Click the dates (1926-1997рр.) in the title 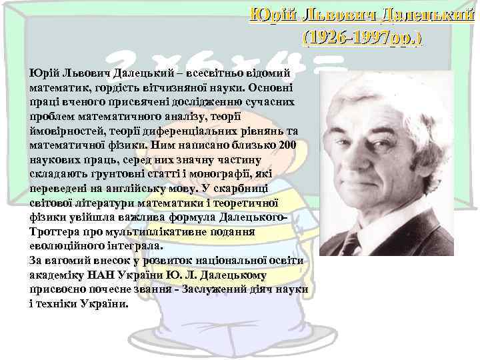[362, 38]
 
